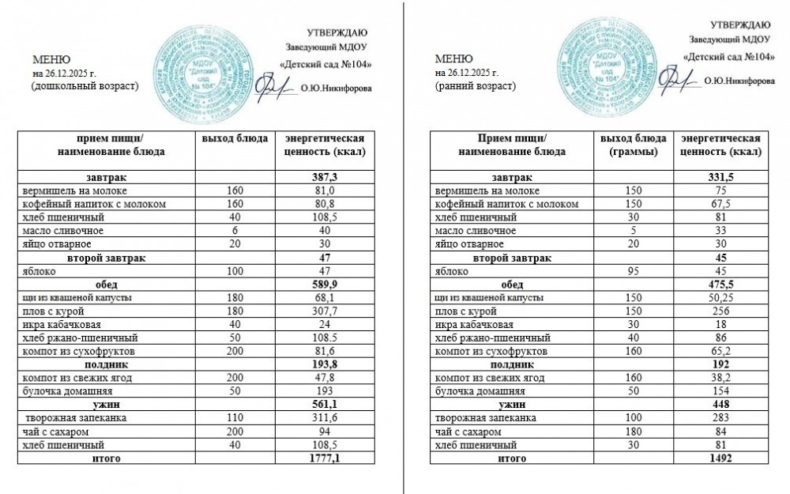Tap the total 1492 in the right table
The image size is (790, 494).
[721, 458]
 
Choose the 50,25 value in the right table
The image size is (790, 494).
[721, 297]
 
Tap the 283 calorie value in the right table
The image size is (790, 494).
[721, 417]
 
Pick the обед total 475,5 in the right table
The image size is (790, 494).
[721, 284]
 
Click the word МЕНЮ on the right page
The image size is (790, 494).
[453, 59]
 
